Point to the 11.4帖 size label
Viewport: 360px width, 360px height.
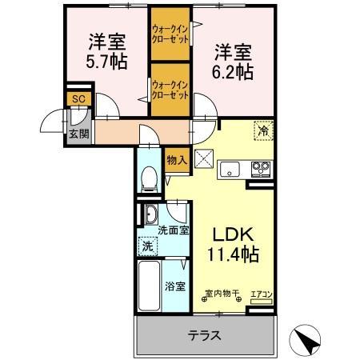233,255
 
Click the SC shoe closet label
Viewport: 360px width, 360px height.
78,98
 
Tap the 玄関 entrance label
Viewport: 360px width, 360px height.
78,133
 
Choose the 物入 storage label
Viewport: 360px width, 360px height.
176,160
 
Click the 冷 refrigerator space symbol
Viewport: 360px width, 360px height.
262,128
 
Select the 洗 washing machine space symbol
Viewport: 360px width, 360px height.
146,247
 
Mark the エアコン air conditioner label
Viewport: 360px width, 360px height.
261,295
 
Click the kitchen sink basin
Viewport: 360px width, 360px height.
230,169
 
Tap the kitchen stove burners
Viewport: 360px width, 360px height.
261,169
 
